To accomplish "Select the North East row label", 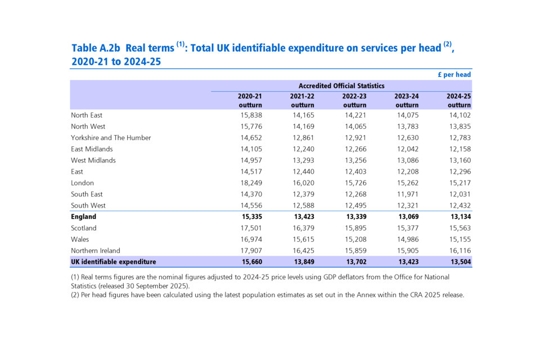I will pos(87,115).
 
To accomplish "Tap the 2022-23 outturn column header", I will pos(354,100).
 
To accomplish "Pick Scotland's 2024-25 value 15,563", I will pos(459,228).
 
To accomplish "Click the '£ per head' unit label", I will pos(454,74).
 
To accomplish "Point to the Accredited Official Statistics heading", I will pos(341,85).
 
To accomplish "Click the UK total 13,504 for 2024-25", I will pos(459,262).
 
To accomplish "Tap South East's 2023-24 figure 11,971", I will pos(407,194).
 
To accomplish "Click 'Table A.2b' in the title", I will pos(96,48).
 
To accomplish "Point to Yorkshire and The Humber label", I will pos(111,138).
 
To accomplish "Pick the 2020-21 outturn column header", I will pos(250,100).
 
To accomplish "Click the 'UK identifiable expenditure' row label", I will pos(113,262).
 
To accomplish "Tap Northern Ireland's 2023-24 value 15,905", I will pos(407,250).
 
